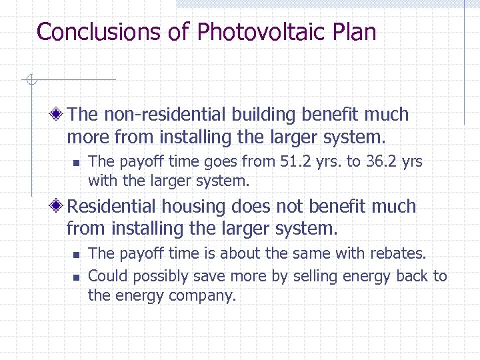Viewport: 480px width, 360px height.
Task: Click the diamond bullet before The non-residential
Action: (59, 115)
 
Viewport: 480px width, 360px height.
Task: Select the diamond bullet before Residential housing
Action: (59, 207)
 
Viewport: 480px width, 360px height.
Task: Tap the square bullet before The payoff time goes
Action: (76, 162)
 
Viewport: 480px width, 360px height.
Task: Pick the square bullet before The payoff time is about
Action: (76, 254)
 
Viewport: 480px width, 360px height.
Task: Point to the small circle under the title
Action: (30, 81)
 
